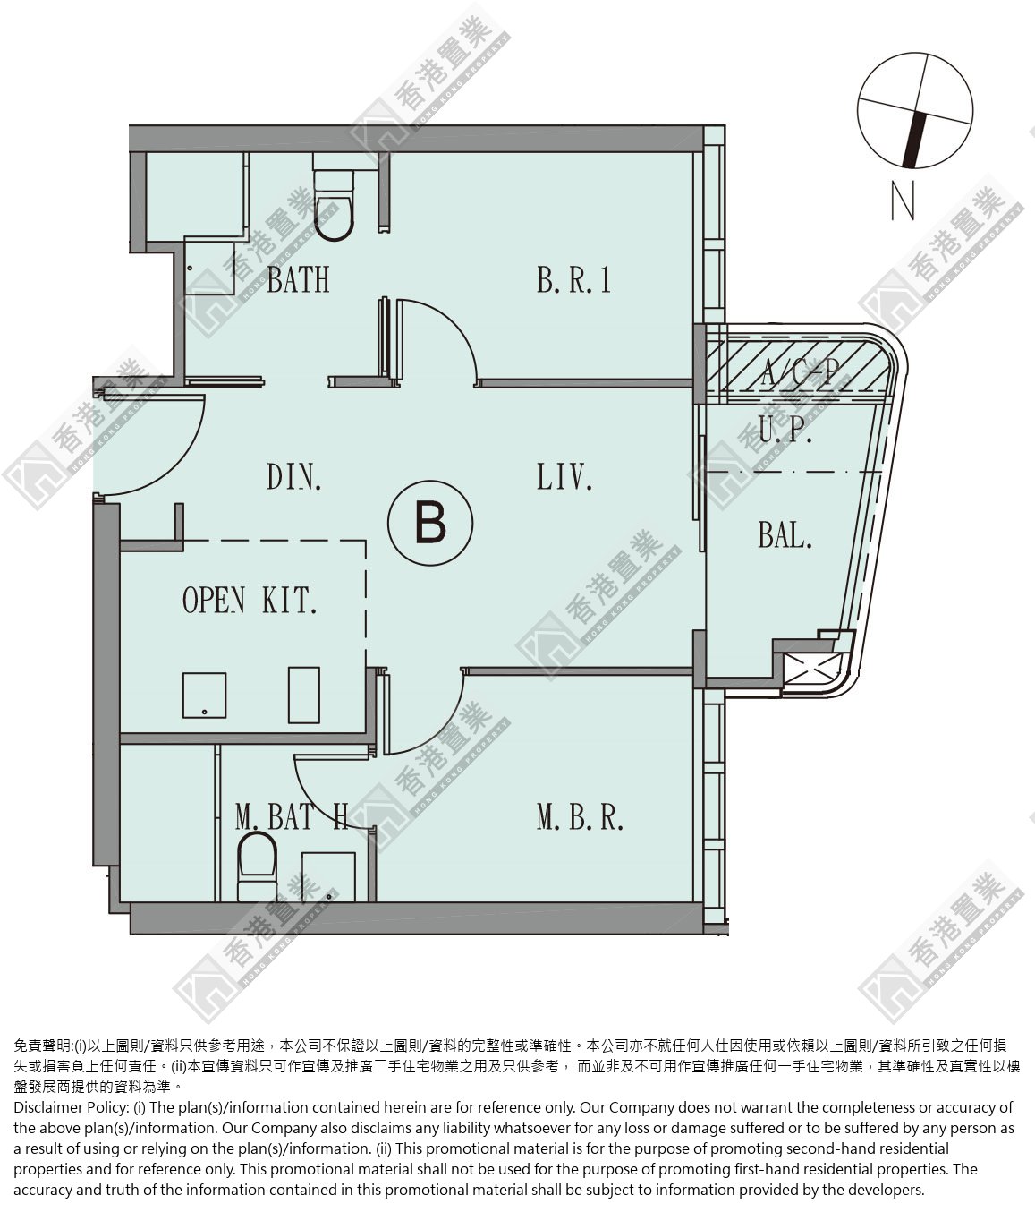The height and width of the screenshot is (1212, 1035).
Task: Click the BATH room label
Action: (x=298, y=279)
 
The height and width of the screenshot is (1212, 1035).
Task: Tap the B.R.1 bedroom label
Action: (x=573, y=279)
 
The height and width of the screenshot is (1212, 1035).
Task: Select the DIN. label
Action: (x=293, y=477)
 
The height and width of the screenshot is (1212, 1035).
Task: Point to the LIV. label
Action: (x=564, y=477)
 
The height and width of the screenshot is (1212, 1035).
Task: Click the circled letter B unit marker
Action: (x=430, y=523)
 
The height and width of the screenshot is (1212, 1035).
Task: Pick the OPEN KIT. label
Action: (x=250, y=600)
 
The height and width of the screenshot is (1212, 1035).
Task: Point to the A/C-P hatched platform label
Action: (x=801, y=371)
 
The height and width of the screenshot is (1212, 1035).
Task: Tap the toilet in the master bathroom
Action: (x=257, y=867)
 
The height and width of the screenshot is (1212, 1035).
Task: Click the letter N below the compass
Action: (x=903, y=201)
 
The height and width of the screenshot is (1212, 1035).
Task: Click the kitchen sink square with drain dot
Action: (x=205, y=696)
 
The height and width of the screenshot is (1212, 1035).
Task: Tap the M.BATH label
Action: (x=292, y=816)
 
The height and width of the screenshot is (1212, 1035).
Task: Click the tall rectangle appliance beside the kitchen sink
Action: (x=304, y=695)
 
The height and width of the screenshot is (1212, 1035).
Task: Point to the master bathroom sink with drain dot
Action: (x=328, y=876)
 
